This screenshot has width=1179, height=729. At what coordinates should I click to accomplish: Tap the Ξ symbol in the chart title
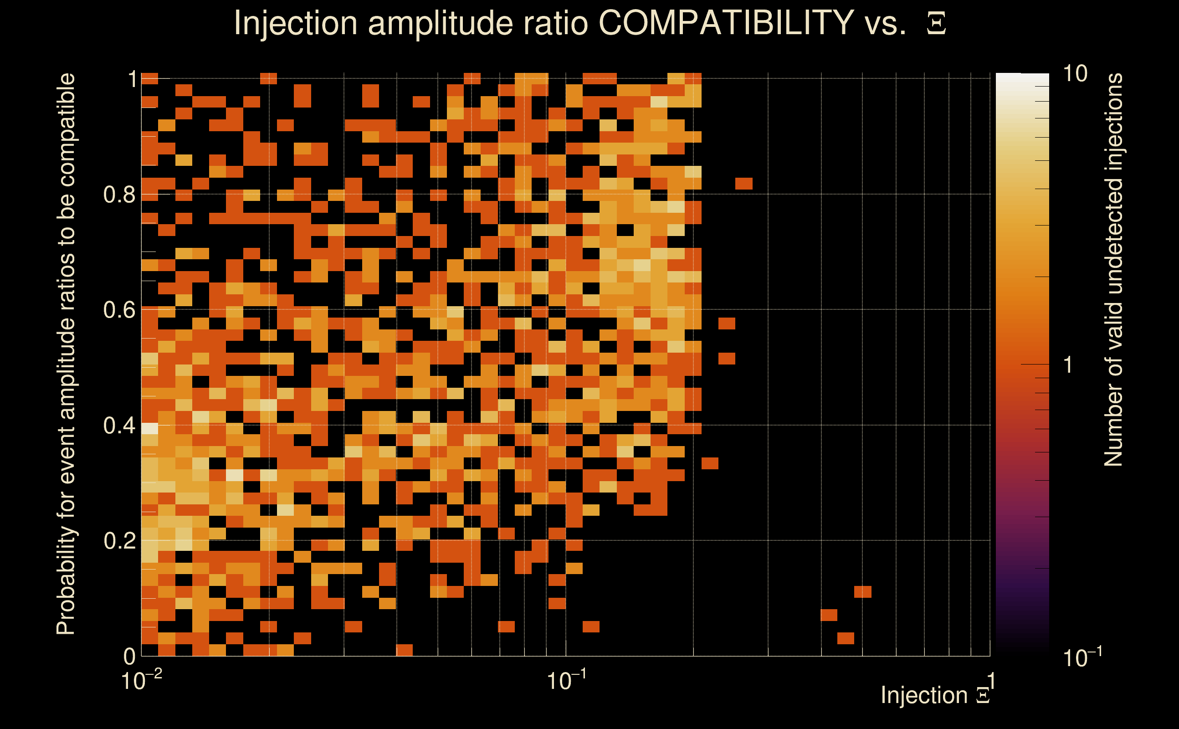pyautogui.click(x=936, y=24)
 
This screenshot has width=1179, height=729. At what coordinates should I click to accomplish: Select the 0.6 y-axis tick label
pyautogui.click(x=119, y=310)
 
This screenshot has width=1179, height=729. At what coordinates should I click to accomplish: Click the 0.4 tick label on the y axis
pyautogui.click(x=119, y=426)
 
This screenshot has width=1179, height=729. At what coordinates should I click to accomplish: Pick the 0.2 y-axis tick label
pyautogui.click(x=119, y=541)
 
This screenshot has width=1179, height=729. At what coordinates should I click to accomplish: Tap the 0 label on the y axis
pyautogui.click(x=129, y=656)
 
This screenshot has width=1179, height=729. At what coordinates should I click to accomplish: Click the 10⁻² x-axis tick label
pyautogui.click(x=141, y=681)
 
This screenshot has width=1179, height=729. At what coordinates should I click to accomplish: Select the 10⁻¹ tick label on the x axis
pyautogui.click(x=566, y=681)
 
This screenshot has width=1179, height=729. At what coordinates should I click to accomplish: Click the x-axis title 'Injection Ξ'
pyautogui.click(x=935, y=695)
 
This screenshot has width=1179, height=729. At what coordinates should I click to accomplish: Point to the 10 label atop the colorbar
pyautogui.click(x=1075, y=74)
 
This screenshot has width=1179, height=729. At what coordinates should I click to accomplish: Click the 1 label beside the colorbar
pyautogui.click(x=1068, y=365)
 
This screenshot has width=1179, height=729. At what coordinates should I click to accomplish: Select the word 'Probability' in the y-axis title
pyautogui.click(x=66, y=579)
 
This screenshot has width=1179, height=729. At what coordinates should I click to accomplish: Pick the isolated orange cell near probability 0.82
pyautogui.click(x=744, y=184)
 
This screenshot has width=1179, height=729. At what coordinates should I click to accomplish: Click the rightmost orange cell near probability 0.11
pyautogui.click(x=862, y=591)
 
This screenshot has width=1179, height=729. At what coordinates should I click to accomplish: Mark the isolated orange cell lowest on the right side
pyautogui.click(x=846, y=638)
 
